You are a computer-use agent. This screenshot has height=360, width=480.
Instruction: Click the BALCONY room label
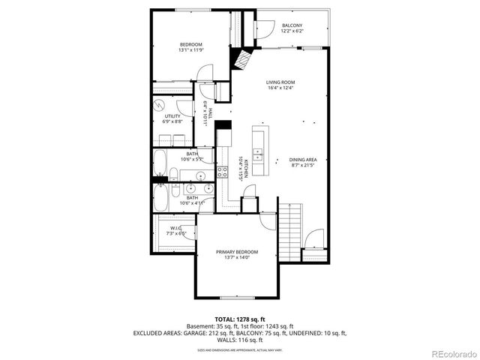[x=292, y=25]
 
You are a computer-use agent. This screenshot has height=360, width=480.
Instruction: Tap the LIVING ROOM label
[x=280, y=82]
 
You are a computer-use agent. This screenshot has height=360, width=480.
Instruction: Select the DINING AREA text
[x=303, y=159]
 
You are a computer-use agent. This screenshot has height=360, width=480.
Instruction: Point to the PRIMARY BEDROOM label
[x=237, y=251]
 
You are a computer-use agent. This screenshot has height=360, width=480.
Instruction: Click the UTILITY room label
[x=172, y=116]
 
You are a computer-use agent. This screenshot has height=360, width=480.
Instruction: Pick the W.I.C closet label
[x=176, y=228]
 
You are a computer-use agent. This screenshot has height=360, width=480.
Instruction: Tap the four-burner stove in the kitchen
[x=223, y=172]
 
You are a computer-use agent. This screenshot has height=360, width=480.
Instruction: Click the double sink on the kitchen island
[x=259, y=156]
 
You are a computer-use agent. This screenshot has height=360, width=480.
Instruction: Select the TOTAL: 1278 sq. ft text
[x=240, y=319]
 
